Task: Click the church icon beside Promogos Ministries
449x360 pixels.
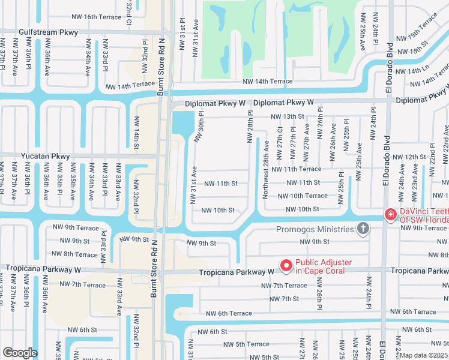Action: tap(362, 229)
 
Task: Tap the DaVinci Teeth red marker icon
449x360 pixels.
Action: tap(390, 214)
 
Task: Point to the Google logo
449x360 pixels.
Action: tap(19, 352)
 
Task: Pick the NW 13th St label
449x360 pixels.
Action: tap(287, 116)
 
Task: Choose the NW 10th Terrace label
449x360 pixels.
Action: tap(303, 196)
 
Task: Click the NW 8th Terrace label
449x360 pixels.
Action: tap(75, 255)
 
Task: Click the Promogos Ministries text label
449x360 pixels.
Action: tap(315, 229)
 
